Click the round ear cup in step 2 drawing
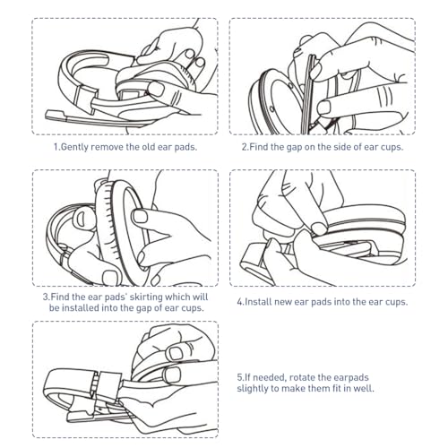pos(278,85)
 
